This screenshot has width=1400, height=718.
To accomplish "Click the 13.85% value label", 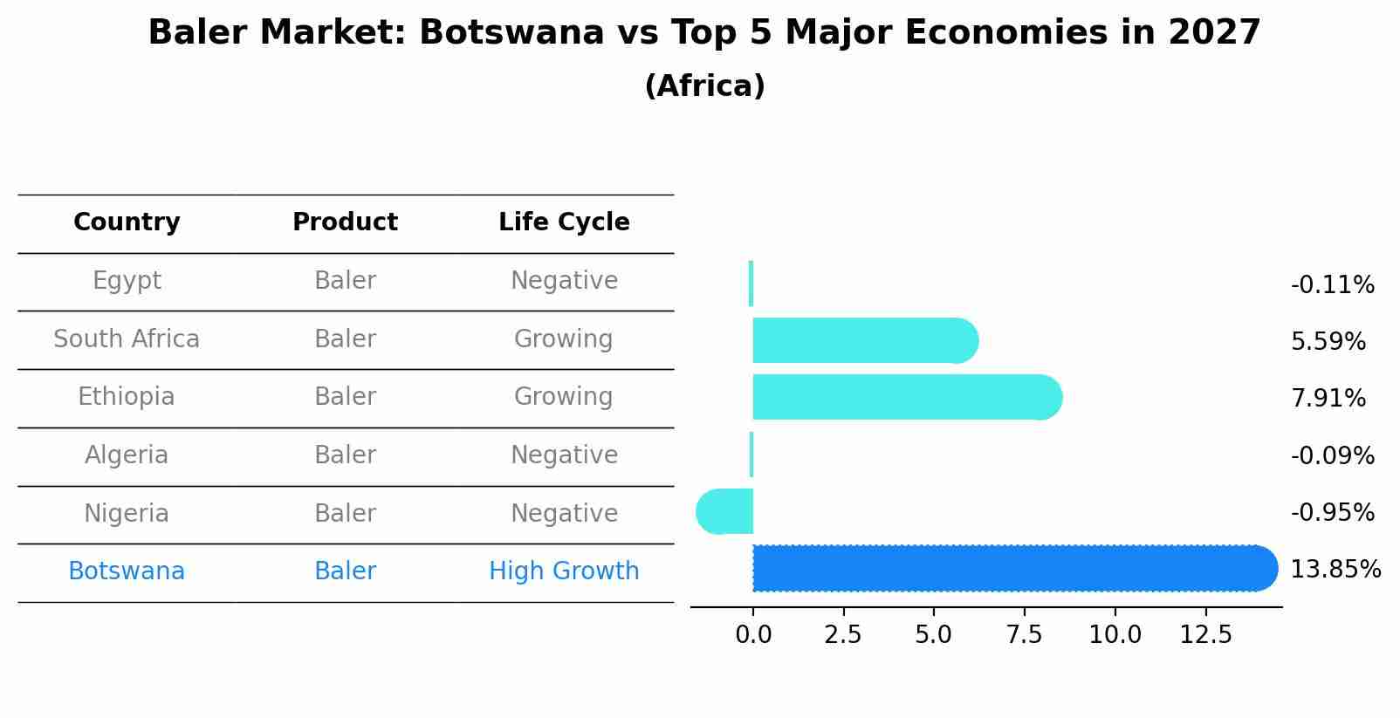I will point(1335,570).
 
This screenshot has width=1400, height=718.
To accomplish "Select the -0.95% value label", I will point(1332,513).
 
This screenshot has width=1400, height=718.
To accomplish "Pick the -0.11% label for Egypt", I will point(1332,285).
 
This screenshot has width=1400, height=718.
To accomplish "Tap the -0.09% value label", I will point(1332,456).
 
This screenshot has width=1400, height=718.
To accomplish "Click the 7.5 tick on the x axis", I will point(1024,635).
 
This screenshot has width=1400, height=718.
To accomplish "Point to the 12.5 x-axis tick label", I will point(1205,635).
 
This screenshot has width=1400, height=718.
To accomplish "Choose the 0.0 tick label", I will point(753,635).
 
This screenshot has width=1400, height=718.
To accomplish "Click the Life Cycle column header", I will point(564,222).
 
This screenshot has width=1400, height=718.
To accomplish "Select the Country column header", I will point(127,222).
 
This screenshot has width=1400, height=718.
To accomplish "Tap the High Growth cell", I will point(564,571).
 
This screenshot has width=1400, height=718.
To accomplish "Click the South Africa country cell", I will point(127,339).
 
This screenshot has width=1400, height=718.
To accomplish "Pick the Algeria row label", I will point(127,455).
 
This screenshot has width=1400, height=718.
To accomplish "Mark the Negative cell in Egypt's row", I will point(564,281).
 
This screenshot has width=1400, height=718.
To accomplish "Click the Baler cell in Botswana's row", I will point(345,571).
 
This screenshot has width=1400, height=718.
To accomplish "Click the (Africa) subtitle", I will point(704,86).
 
